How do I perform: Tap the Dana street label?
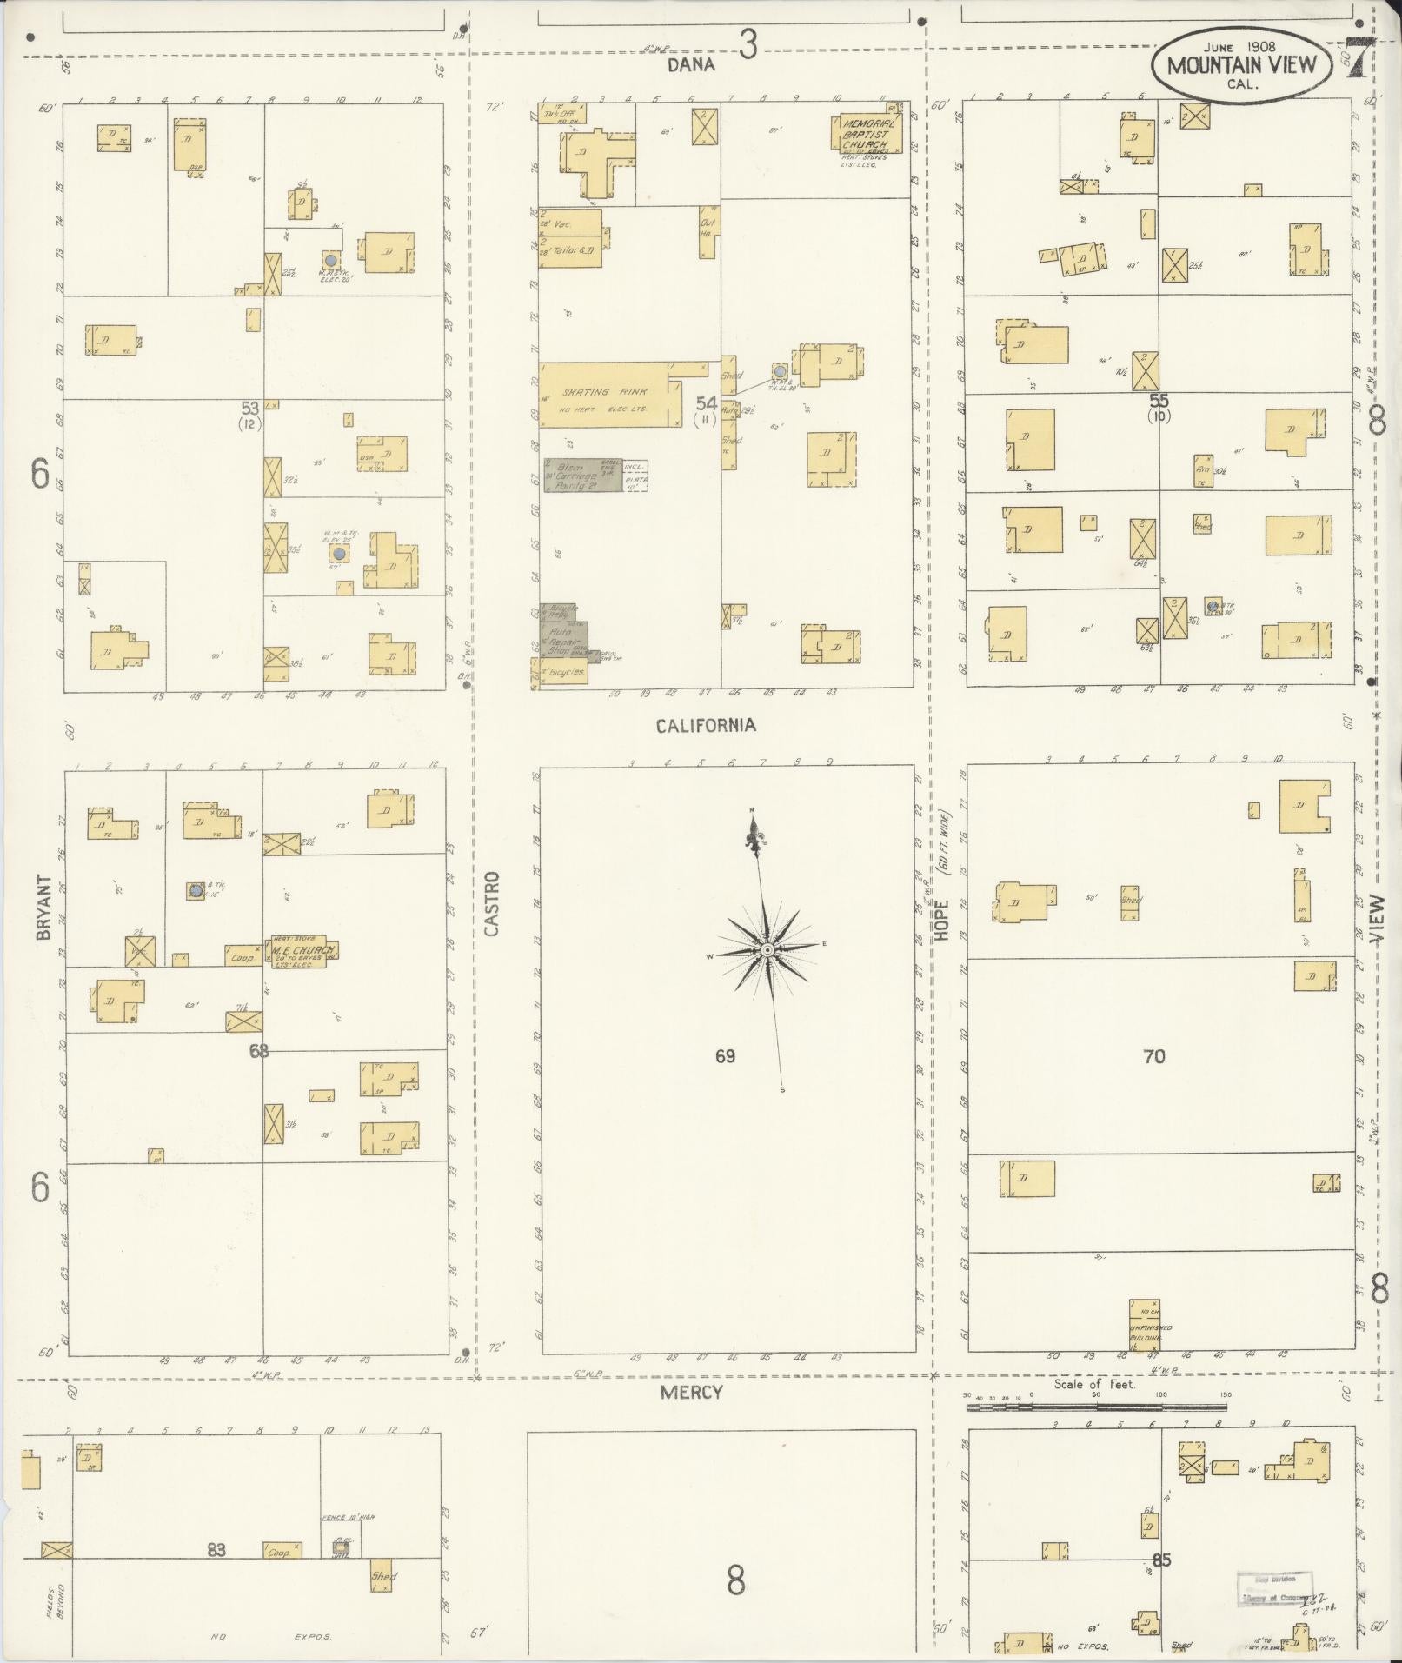(691, 64)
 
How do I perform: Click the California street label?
(705, 725)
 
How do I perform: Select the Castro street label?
(492, 903)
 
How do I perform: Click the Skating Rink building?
(608, 396)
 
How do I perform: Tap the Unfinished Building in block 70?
(1144, 1325)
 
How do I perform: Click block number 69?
(726, 1056)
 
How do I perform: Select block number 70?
(1153, 1056)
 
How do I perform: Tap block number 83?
(216, 1549)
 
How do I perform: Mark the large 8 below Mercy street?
(735, 1580)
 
